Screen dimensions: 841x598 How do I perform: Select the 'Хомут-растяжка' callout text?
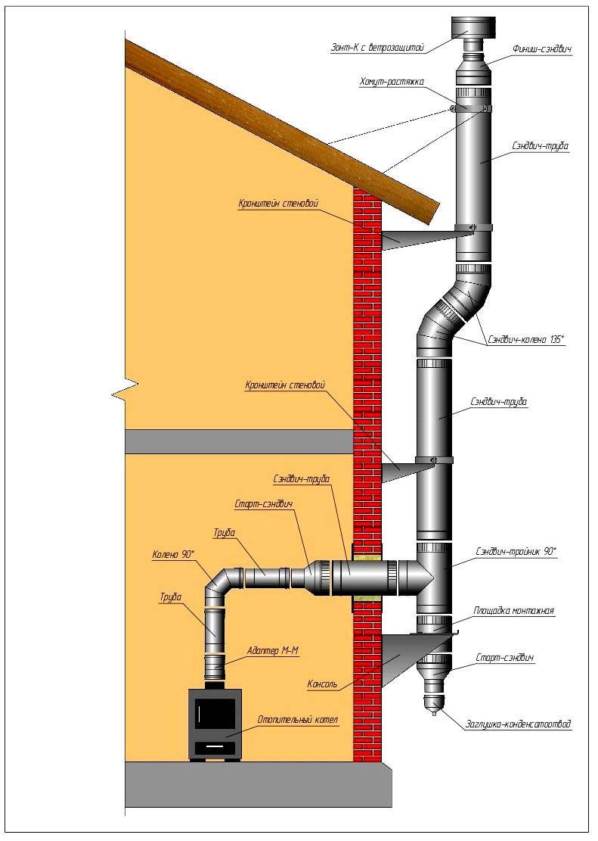(392, 81)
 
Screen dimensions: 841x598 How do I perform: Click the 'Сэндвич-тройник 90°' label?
(517, 553)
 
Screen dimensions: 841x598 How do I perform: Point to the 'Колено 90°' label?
(173, 554)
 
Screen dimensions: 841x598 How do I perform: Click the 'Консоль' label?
(326, 685)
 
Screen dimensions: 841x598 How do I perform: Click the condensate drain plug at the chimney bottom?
(434, 706)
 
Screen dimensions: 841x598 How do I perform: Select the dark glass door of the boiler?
(215, 714)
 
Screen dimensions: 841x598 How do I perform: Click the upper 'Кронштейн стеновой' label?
(276, 204)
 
